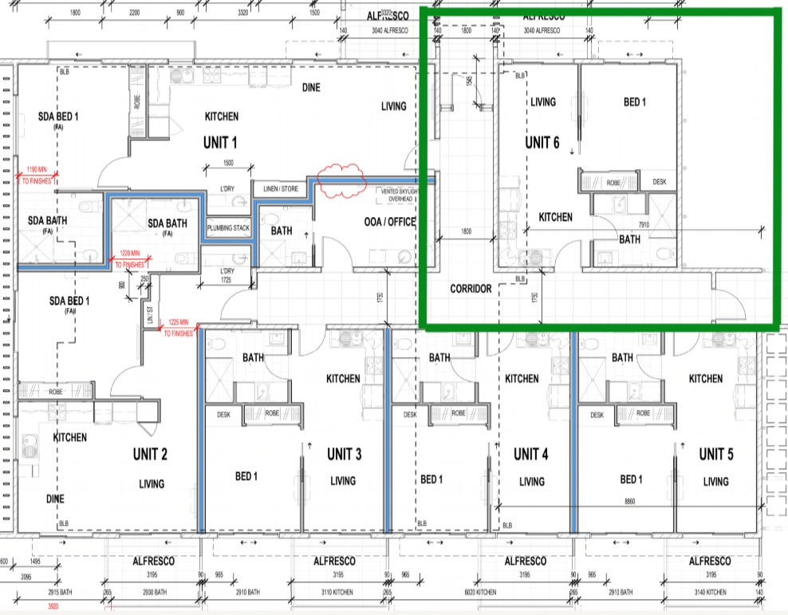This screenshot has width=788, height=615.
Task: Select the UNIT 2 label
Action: click(x=150, y=455)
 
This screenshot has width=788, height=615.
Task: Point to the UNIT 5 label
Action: click(x=716, y=454)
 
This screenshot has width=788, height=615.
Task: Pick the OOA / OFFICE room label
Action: click(x=390, y=222)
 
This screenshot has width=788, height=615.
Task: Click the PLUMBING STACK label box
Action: click(x=229, y=228)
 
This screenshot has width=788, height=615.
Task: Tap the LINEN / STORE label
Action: click(x=275, y=189)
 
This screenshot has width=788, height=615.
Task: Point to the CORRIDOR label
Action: click(x=471, y=289)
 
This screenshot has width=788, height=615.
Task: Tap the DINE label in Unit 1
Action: click(x=311, y=88)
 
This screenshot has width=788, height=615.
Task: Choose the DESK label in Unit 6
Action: click(x=659, y=182)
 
